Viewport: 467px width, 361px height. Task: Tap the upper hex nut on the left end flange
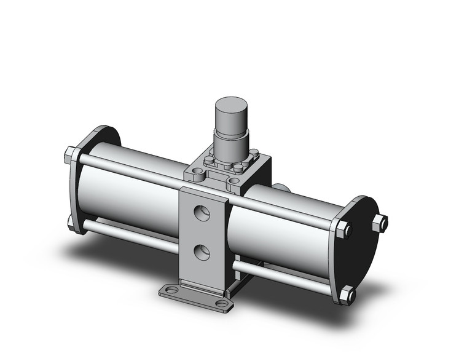[x=71, y=154]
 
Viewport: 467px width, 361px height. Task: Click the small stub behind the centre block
[x=281, y=189]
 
